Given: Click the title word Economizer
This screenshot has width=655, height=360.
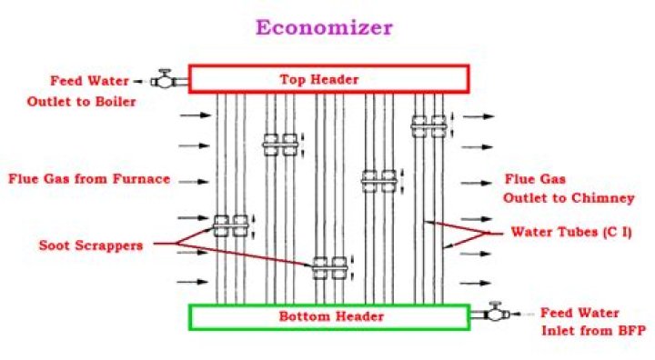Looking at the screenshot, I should (x=323, y=26).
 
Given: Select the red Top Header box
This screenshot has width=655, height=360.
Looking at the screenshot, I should (x=328, y=79).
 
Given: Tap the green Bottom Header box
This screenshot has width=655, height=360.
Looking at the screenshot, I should (x=328, y=316).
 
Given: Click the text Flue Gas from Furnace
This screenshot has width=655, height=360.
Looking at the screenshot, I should (x=88, y=179).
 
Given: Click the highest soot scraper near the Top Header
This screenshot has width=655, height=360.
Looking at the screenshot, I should (x=427, y=125).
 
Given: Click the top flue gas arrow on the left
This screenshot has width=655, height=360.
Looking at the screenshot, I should (x=194, y=116).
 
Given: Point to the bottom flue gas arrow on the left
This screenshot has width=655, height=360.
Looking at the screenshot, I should (x=194, y=282).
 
